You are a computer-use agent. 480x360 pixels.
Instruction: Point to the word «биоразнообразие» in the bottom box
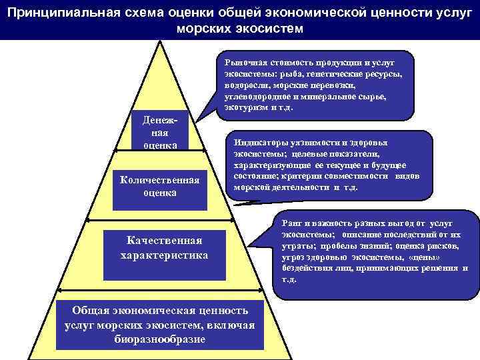click(x=160, y=338)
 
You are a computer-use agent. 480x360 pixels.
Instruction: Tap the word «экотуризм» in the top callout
click(x=239, y=107)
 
